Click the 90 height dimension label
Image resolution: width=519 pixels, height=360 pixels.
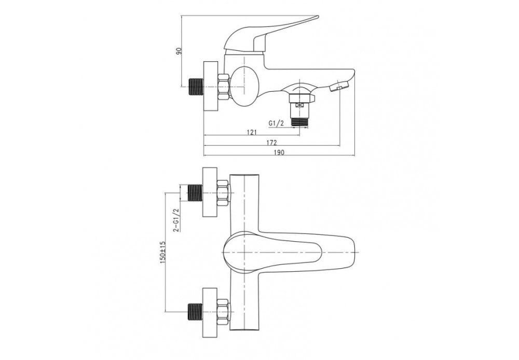pos(179,51)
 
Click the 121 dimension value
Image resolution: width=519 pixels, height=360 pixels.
pos(252,133)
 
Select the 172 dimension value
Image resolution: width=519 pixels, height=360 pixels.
pos(271,143)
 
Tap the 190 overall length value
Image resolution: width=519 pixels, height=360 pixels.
pos(279,153)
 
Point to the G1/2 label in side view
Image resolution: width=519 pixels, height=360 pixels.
pos(276,123)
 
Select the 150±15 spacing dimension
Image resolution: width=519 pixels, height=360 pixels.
pos(162,253)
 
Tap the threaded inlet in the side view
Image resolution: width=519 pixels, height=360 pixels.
pos(196,87)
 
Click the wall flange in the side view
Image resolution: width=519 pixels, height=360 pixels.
pos(210,87)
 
